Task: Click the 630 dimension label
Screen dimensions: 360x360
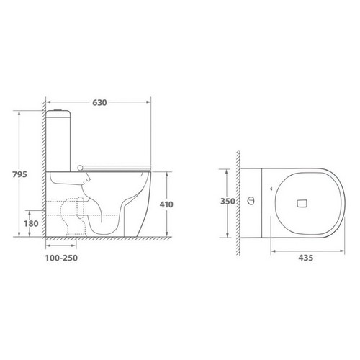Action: (99, 102)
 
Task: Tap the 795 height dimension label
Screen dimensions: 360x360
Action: (20, 174)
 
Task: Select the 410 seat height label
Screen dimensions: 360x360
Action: (166, 204)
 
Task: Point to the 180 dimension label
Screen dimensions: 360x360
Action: (31, 224)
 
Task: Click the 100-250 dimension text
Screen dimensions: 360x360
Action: (61, 258)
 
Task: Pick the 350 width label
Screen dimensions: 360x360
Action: (228, 201)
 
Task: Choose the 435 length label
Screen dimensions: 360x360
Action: (306, 258)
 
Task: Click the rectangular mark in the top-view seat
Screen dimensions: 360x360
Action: (302, 204)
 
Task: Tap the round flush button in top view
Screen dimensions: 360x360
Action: (251, 201)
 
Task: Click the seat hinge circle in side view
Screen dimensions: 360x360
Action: (80, 168)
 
